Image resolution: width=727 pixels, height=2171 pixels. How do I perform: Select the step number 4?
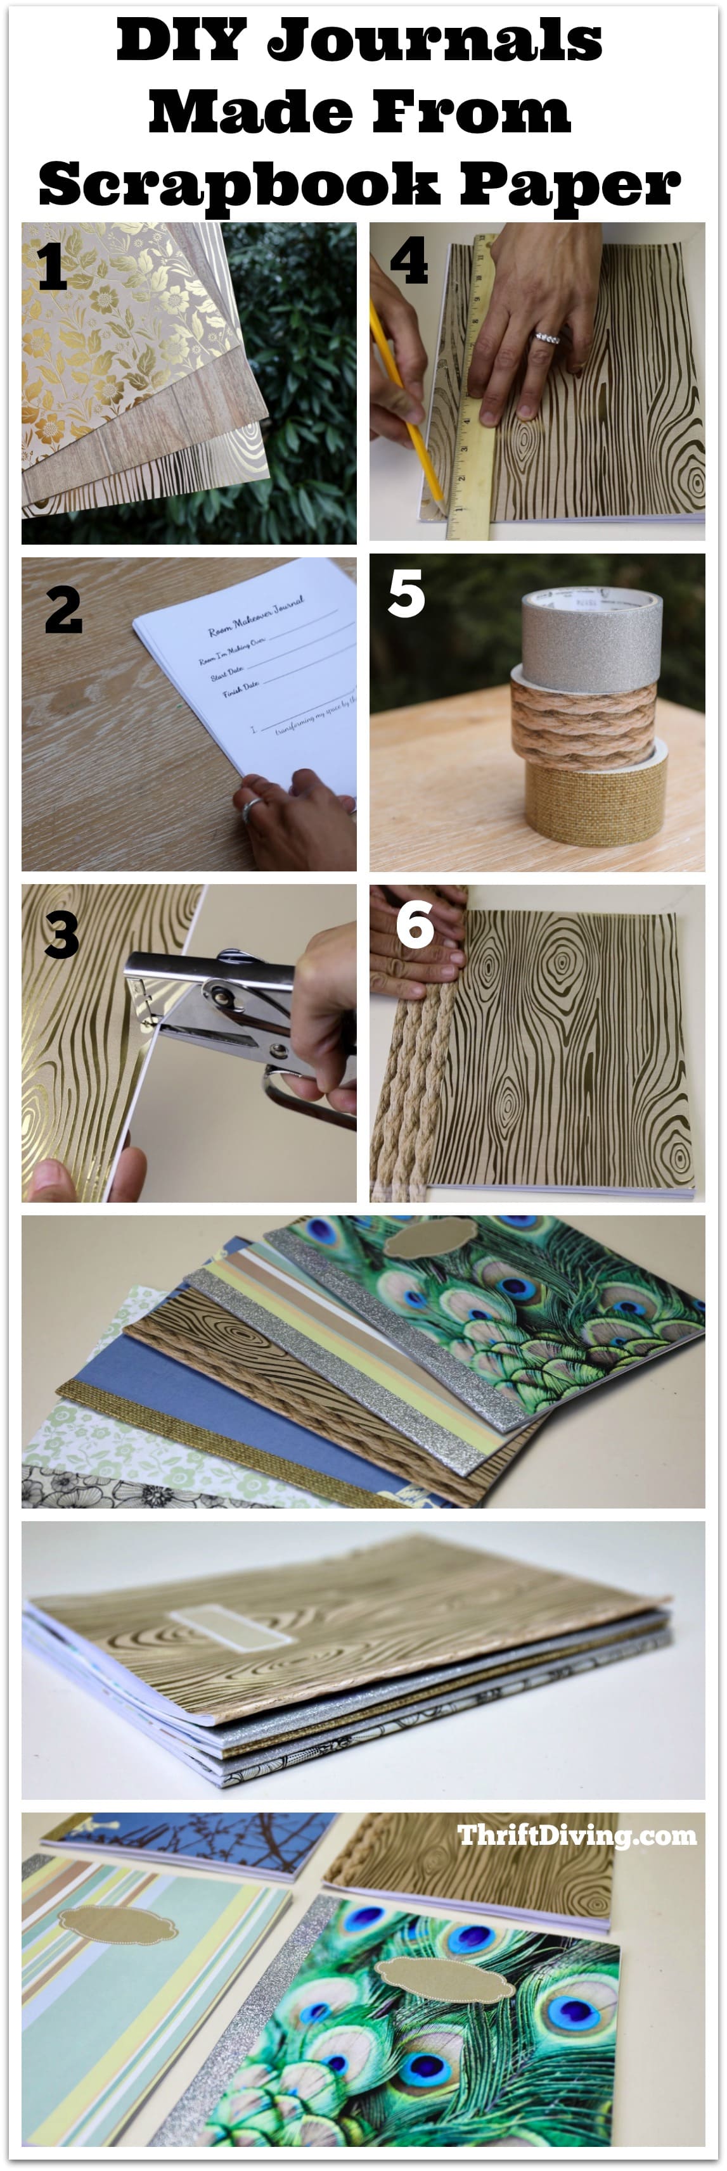click(x=408, y=262)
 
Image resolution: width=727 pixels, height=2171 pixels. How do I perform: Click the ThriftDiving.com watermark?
click(x=577, y=1835)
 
